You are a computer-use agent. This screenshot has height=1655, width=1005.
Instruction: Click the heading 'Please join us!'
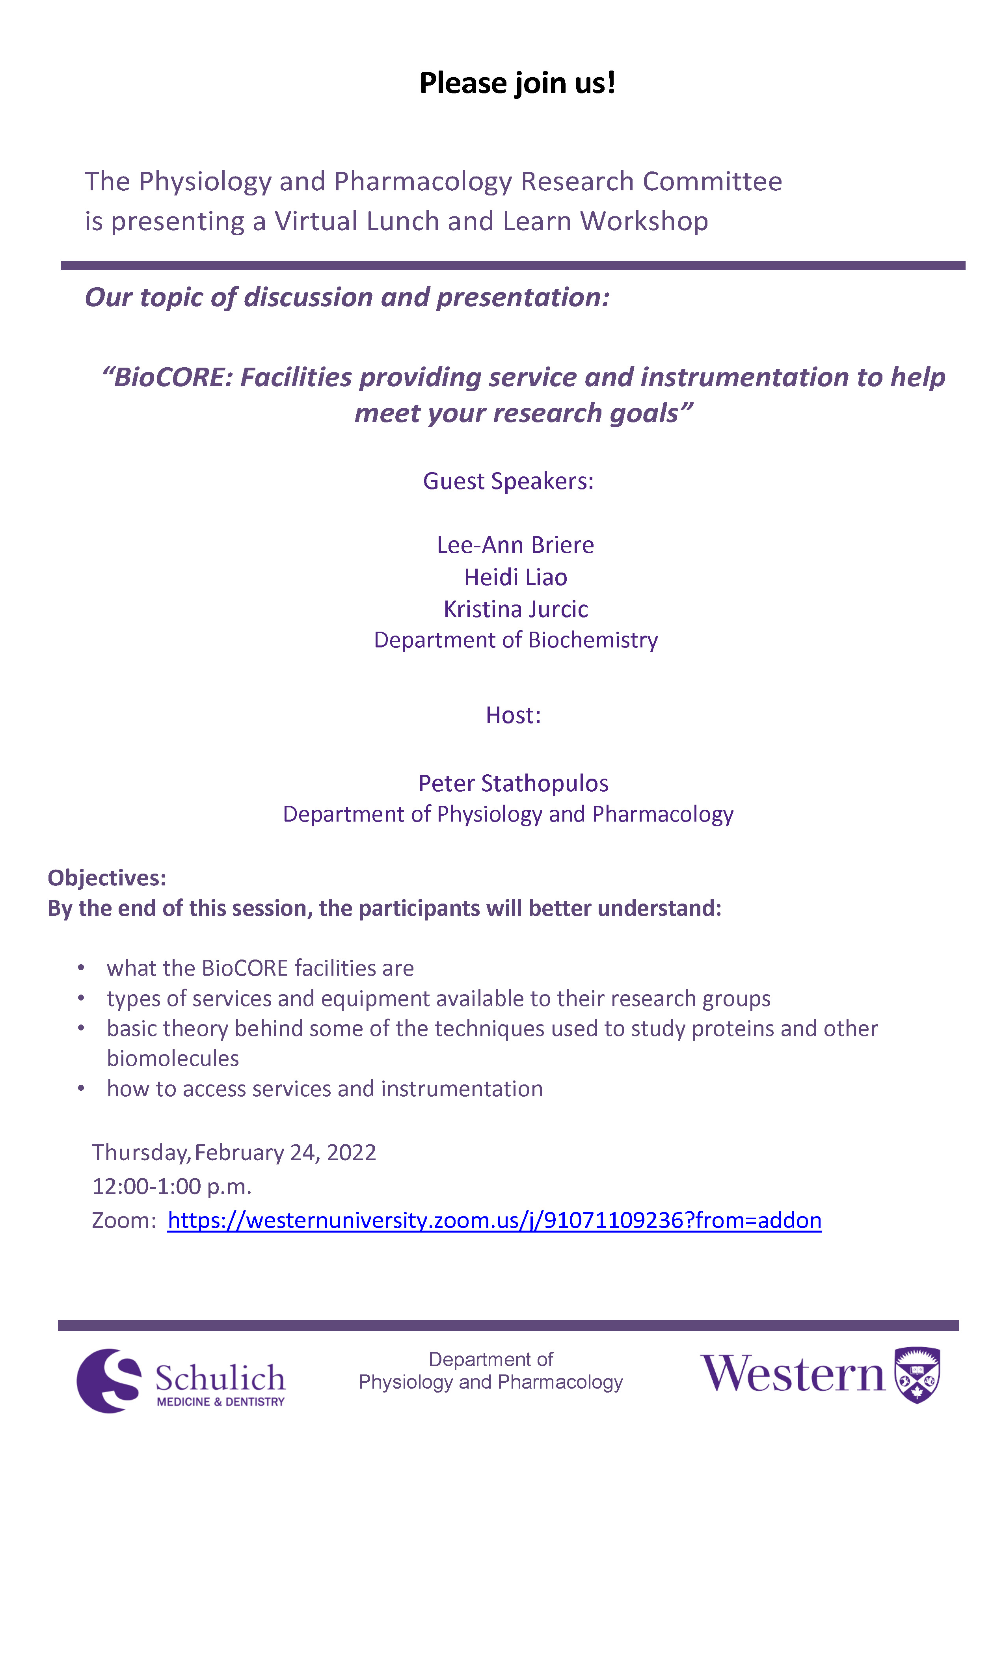517,83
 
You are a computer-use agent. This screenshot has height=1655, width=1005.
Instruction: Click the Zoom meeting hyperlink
494,1219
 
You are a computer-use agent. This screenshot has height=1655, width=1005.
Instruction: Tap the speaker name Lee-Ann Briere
515,545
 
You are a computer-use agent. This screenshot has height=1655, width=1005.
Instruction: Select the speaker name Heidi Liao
515,577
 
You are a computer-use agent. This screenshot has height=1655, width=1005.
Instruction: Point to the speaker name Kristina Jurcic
515,609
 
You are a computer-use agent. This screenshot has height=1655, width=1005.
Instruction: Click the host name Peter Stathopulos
513,783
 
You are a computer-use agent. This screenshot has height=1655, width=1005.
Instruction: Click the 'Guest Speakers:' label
508,481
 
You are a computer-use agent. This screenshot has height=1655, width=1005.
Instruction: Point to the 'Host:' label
513,715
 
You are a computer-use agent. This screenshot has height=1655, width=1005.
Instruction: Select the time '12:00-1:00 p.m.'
172,1186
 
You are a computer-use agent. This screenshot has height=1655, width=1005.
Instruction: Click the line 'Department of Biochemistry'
515,640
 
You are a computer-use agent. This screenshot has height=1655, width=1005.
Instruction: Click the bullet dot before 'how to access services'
81,1088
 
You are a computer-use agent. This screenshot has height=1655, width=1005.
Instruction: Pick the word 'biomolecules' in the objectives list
173,1058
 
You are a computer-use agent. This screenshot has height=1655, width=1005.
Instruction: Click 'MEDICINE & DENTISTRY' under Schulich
220,1402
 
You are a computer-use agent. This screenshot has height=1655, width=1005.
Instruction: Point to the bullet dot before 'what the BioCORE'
81,968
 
